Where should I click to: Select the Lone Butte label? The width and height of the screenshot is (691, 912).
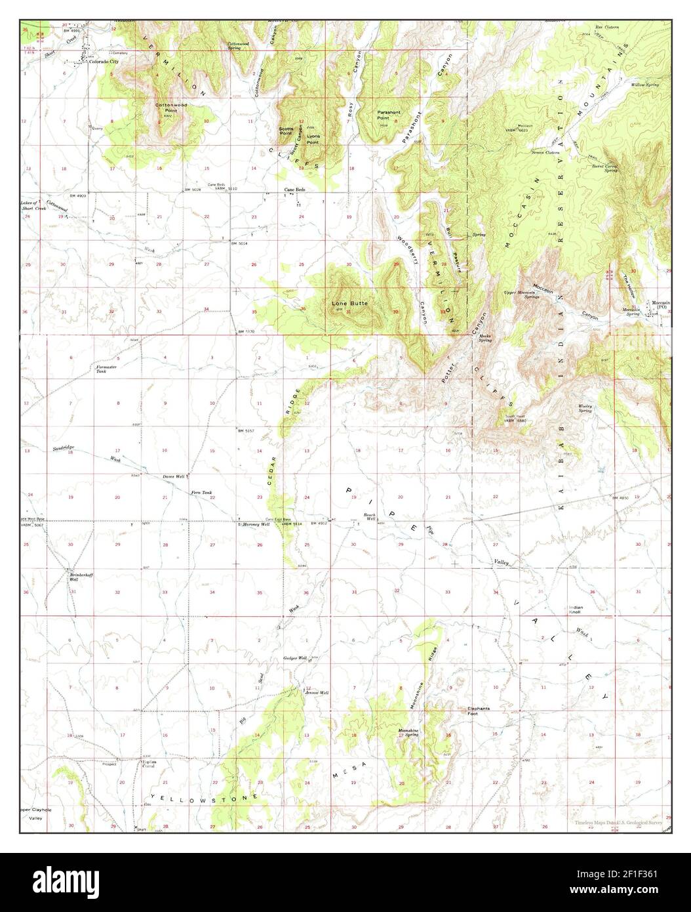coord(349,304)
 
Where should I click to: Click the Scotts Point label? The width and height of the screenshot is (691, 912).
coord(286,130)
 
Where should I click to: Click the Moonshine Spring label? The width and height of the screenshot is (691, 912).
coord(408,732)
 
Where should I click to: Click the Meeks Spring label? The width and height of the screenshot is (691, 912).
coord(485,339)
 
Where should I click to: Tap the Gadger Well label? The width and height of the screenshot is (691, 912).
coord(295,657)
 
